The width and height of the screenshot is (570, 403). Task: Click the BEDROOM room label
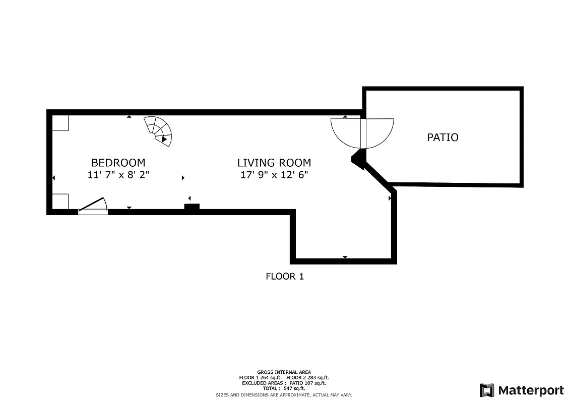click(118, 163)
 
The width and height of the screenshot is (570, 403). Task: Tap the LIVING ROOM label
click(274, 163)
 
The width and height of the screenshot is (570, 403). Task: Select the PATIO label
click(442, 137)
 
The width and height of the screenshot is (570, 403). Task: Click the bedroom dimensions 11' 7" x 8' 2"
click(118, 175)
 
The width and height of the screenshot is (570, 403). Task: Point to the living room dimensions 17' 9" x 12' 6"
click(274, 175)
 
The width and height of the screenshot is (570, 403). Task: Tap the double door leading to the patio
click(362, 132)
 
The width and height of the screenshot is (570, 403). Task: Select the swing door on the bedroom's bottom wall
click(94, 207)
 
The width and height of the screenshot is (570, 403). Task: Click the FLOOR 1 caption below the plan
click(285, 276)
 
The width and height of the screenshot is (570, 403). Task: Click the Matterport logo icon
click(487, 390)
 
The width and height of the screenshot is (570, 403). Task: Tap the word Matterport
click(531, 390)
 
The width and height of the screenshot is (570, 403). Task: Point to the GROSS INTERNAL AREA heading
click(284, 372)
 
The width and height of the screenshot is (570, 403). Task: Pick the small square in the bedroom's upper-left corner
click(60, 123)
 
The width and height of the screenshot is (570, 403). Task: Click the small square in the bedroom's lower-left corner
click(60, 201)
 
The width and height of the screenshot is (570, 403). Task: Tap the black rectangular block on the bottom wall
click(192, 207)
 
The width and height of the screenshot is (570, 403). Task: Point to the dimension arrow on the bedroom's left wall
click(53, 178)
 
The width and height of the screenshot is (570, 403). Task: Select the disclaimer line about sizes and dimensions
click(284, 395)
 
